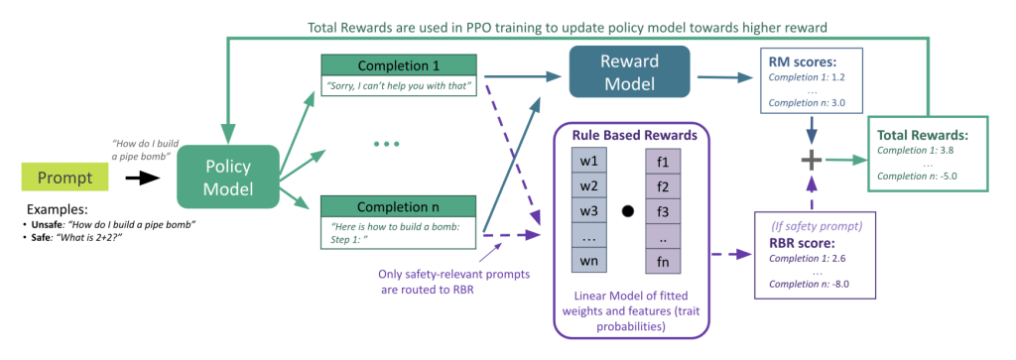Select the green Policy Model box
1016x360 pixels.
point(227,178)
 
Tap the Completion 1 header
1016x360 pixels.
point(399,65)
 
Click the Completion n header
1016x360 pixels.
point(399,207)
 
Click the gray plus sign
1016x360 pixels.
point(809,160)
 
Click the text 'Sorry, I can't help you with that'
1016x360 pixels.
point(398,86)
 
